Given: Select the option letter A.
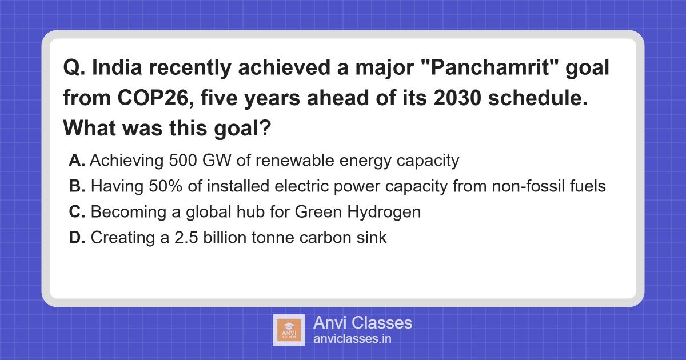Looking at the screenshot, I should click(77, 161).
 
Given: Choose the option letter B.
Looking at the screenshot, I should click(77, 187).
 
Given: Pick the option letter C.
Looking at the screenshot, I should click(77, 213).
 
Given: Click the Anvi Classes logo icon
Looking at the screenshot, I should click(289, 330).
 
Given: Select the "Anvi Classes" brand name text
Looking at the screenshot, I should click(362, 322).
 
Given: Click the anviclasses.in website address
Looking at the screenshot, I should click(352, 339).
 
